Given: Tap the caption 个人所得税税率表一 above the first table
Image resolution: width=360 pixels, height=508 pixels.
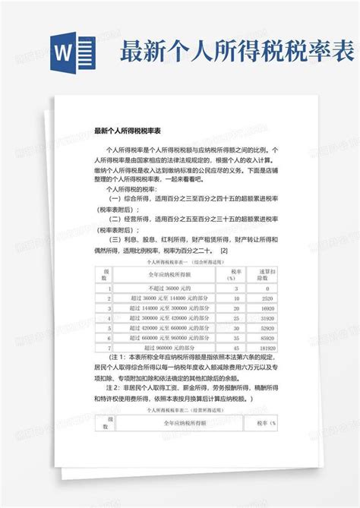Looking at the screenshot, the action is (x=179, y=260).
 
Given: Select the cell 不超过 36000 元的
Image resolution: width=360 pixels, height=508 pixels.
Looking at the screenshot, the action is (x=166, y=289).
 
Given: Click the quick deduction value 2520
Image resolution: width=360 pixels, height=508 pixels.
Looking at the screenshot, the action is (x=266, y=299).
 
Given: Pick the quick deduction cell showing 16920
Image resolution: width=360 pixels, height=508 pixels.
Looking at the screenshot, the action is (x=266, y=309).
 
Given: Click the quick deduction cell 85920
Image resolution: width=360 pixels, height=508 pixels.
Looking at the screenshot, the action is (x=266, y=336).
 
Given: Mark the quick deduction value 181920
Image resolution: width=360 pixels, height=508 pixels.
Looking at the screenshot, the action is (x=266, y=346).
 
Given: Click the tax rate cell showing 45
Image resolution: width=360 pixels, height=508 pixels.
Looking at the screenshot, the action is (x=235, y=346).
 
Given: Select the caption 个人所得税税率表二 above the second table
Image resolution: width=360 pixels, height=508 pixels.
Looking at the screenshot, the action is (x=179, y=408).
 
